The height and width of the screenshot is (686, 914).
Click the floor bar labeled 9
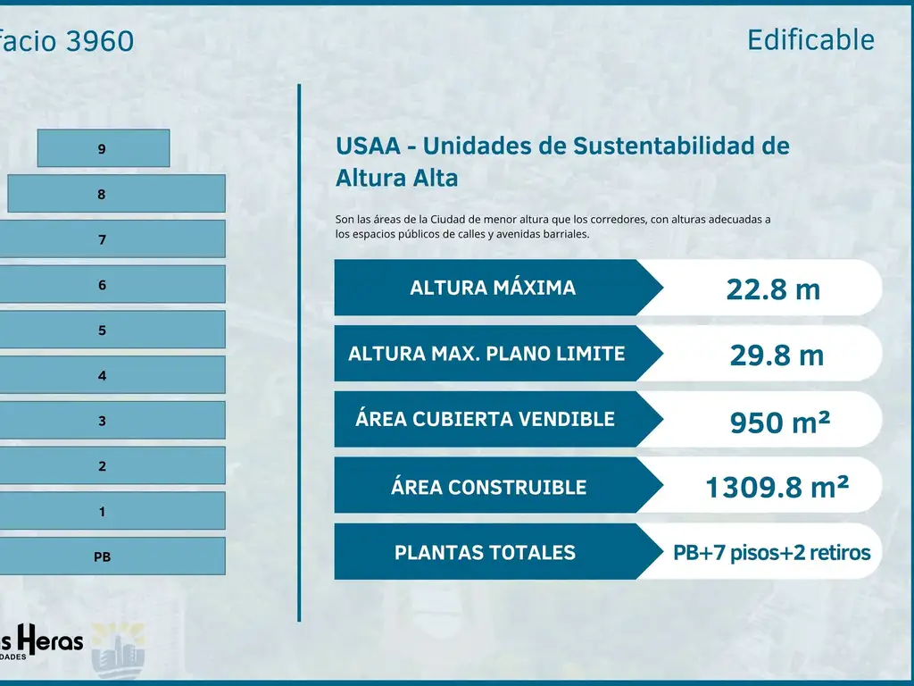pyautogui.click(x=103, y=149)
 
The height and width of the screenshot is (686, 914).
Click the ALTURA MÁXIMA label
pyautogui.click(x=493, y=288)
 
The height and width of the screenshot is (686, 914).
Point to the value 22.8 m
pyautogui.click(x=773, y=289)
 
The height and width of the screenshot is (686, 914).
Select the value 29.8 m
pyautogui.click(x=777, y=355)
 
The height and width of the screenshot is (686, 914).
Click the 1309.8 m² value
pyautogui.click(x=777, y=487)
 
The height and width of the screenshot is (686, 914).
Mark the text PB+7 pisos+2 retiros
pyautogui.click(x=771, y=553)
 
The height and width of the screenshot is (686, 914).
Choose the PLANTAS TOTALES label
pyautogui.click(x=485, y=553)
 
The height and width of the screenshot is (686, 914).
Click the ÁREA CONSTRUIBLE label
pyautogui.click(x=488, y=487)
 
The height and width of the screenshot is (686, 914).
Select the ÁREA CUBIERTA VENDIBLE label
pyautogui.click(x=485, y=419)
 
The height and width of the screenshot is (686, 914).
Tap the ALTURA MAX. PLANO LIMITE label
pyautogui.click(x=486, y=353)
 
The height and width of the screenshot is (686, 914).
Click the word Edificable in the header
pyautogui.click(x=810, y=39)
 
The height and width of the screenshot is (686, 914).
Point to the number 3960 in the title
pyautogui.click(x=99, y=41)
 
